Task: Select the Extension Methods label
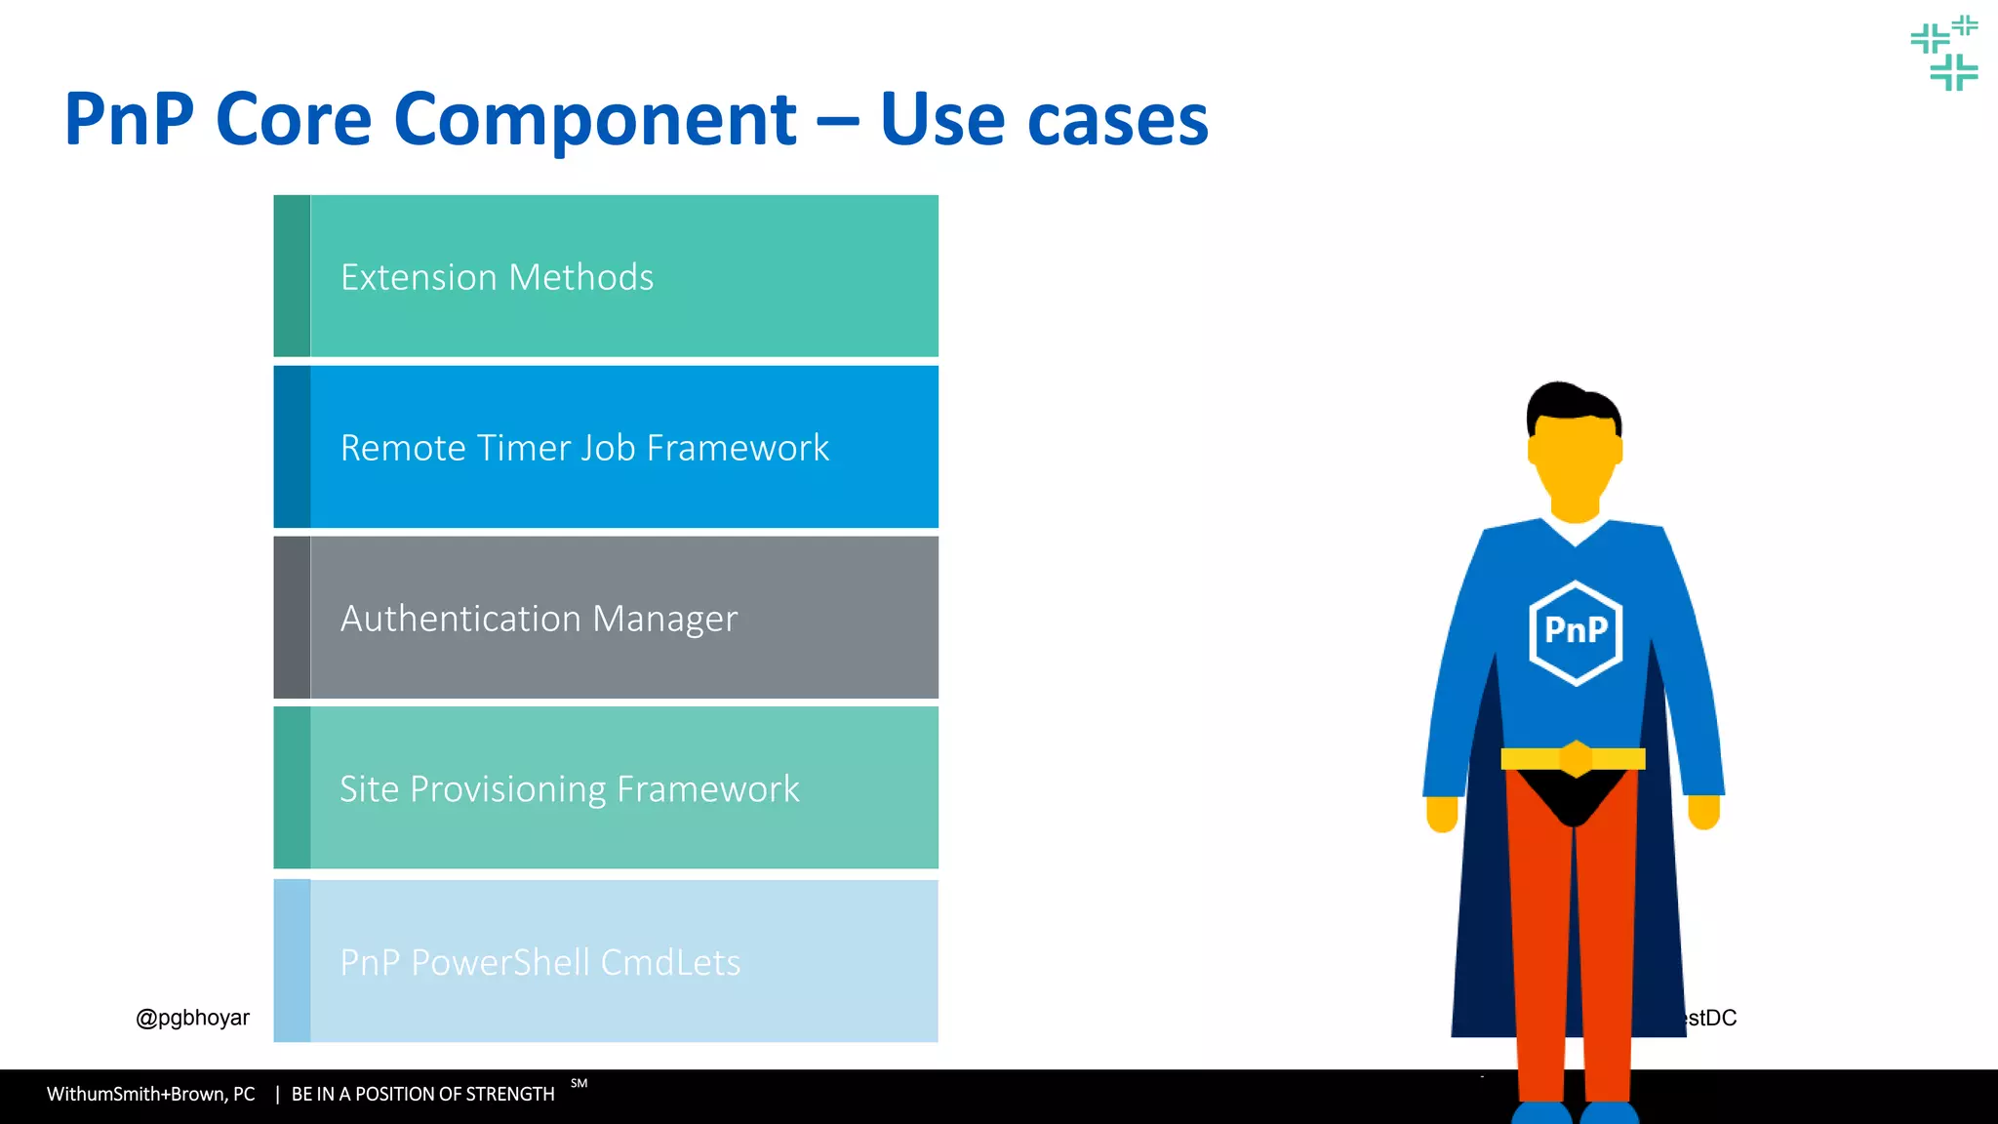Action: (497, 277)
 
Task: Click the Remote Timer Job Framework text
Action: (584, 448)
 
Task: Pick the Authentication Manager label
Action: (539, 619)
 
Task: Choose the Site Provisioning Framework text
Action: (569, 788)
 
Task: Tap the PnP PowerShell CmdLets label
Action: (539, 962)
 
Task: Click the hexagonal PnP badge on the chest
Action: (1576, 631)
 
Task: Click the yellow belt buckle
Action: (1576, 758)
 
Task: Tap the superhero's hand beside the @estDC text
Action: (1703, 812)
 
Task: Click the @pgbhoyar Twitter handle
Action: (192, 1018)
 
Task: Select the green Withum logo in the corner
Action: (1944, 53)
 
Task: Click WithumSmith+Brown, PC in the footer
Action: (150, 1094)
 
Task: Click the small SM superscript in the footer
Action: (579, 1083)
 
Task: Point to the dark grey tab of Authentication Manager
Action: (292, 618)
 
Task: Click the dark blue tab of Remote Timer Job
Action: (292, 447)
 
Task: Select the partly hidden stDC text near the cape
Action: (1712, 1018)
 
